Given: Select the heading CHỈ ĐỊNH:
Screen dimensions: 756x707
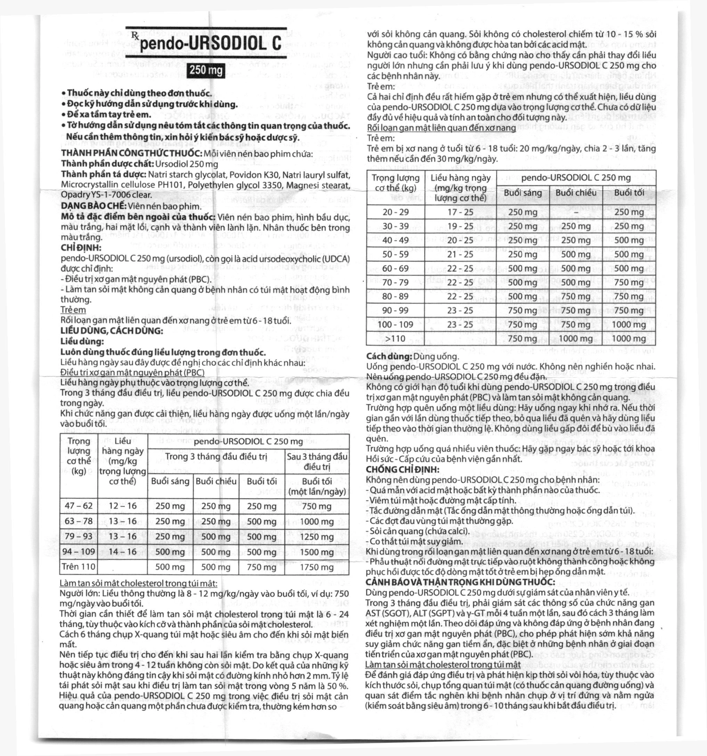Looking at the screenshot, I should click(81, 248).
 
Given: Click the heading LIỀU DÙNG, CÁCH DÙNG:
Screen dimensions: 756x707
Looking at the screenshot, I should click(112, 331).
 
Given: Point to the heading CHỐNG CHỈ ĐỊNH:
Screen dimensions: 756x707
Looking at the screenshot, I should click(403, 469).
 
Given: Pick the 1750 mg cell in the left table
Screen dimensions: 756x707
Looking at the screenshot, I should click(317, 567).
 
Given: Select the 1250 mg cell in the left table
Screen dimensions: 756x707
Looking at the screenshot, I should click(317, 537).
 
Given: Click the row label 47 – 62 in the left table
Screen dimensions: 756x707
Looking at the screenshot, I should click(79, 506).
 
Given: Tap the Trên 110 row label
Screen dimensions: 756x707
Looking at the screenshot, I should click(79, 567).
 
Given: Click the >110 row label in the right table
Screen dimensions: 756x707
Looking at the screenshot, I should click(396, 339).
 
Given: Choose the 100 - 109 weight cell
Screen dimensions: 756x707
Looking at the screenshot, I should click(396, 324).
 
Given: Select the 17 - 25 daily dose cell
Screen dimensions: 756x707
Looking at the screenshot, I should click(460, 212).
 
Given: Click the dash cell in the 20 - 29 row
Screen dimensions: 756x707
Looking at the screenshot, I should click(576, 212).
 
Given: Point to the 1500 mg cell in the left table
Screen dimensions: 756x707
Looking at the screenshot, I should click(317, 552).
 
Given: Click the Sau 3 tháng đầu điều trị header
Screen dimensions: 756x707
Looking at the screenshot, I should click(317, 461).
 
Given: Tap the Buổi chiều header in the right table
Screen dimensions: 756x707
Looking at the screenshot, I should click(576, 193).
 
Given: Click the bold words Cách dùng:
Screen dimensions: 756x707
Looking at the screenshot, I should click(389, 356).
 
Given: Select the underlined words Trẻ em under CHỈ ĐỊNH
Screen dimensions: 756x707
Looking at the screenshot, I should click(73, 310).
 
